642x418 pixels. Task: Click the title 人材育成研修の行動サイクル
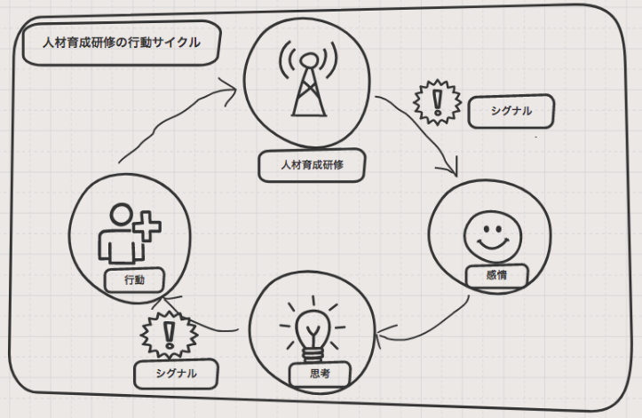coord(121,43)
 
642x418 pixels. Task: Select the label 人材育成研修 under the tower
coord(311,164)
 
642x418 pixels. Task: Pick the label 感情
coord(496,275)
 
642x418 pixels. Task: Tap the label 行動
coord(135,280)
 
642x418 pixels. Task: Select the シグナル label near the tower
coord(511,112)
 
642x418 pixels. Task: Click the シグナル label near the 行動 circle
coord(176,374)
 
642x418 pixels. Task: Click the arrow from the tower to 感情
coord(424,133)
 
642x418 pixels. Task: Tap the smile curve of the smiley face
coord(487,245)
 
